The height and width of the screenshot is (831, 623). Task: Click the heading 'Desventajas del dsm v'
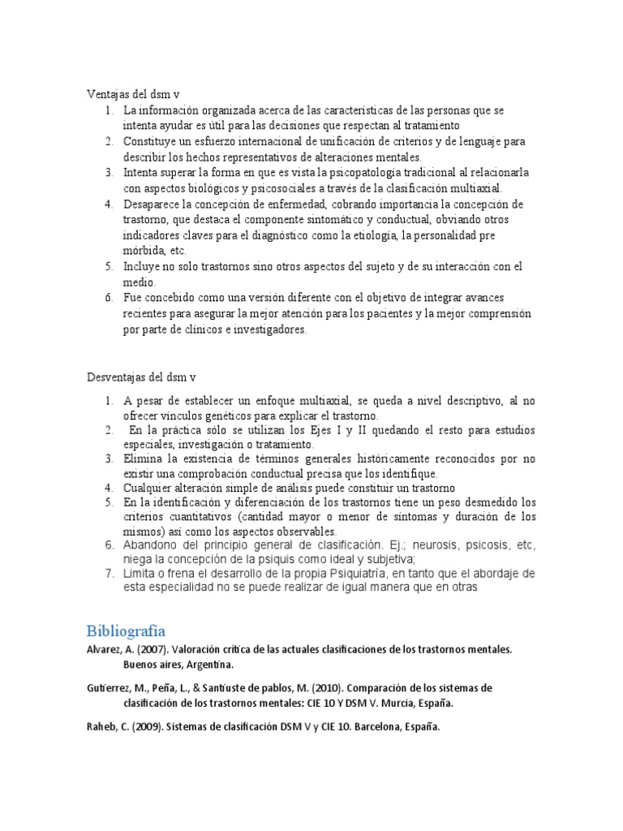[141, 377]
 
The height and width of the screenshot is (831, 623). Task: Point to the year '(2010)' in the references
[304, 687]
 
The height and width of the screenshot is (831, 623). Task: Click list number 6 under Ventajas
[109, 299]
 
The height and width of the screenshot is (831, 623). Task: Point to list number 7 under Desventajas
[109, 574]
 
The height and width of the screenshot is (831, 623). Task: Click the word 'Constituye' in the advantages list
[151, 141]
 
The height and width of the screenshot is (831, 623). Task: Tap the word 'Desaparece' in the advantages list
[154, 204]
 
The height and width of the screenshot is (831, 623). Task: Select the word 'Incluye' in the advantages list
[143, 267]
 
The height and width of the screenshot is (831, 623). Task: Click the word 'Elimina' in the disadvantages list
[143, 459]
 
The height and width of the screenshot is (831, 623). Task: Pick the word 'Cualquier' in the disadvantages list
[150, 488]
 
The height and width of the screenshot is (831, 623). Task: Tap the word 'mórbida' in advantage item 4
[144, 251]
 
